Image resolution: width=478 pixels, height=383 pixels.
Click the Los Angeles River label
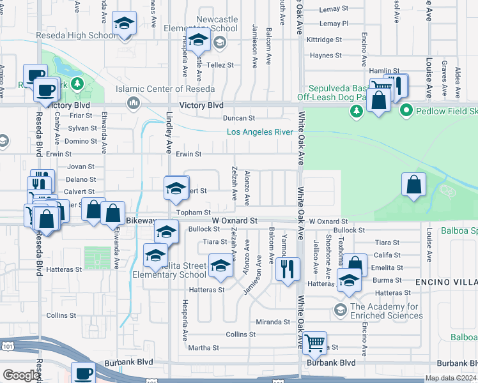(259, 132)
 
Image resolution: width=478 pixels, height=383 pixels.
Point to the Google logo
(21, 375)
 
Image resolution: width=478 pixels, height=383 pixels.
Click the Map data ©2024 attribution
(450, 378)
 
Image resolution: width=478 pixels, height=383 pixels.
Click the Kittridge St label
(324, 40)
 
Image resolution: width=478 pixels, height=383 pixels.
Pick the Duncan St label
(238, 118)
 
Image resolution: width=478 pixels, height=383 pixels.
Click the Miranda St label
(274, 322)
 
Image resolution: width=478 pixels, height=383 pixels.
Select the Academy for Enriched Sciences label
(378, 311)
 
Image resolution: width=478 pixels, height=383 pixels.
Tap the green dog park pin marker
(357, 112)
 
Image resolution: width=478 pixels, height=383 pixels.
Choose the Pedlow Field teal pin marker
(405, 112)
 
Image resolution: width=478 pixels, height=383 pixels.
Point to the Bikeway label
(141, 221)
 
